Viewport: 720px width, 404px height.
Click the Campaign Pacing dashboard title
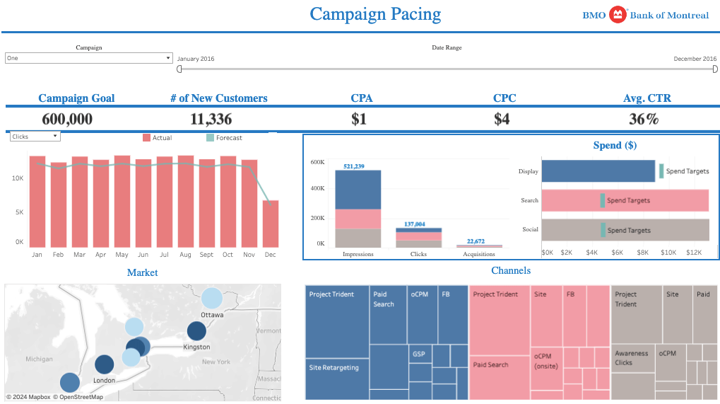[x=375, y=14]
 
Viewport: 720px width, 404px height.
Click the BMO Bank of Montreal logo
[x=645, y=15]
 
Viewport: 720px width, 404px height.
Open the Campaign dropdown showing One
[x=88, y=58]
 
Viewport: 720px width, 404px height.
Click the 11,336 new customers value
[x=211, y=119]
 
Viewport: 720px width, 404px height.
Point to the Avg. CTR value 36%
[x=643, y=119]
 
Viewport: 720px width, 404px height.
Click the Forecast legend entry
[x=224, y=138]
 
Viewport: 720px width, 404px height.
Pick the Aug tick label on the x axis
[x=186, y=255]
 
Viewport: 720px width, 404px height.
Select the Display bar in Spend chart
[x=598, y=171]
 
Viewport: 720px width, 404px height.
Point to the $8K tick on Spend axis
[x=643, y=252]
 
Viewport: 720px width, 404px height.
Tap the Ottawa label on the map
[x=212, y=314]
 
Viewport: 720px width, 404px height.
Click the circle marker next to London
[x=105, y=364]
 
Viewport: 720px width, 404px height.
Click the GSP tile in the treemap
[x=419, y=354]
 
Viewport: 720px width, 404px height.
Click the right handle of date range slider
[x=715, y=69]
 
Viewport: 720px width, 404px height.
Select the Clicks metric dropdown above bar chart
[x=35, y=137]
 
